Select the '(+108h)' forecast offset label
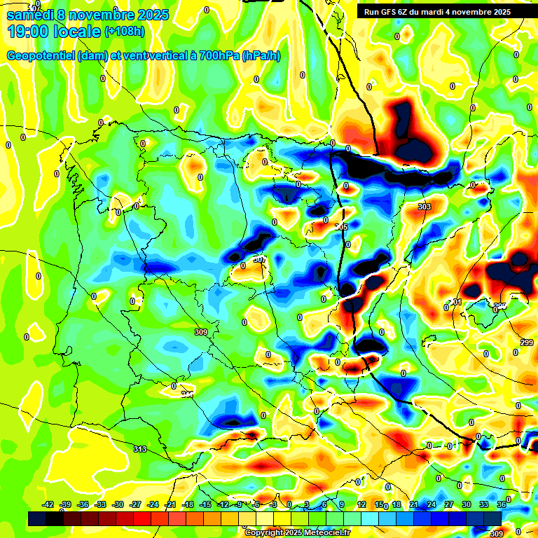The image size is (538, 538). [125, 32]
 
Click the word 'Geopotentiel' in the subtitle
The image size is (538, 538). [41, 56]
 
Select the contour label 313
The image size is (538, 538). [140, 450]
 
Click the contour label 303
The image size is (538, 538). [424, 207]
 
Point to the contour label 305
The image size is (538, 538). [341, 227]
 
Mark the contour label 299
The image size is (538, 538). [527, 342]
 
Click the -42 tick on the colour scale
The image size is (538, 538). [48, 504]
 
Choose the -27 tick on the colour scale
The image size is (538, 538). [136, 504]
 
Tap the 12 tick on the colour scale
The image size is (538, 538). [361, 504]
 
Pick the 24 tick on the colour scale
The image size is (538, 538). [431, 504]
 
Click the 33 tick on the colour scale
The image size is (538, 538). [483, 504]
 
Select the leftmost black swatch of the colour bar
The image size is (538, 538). [38, 518]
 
